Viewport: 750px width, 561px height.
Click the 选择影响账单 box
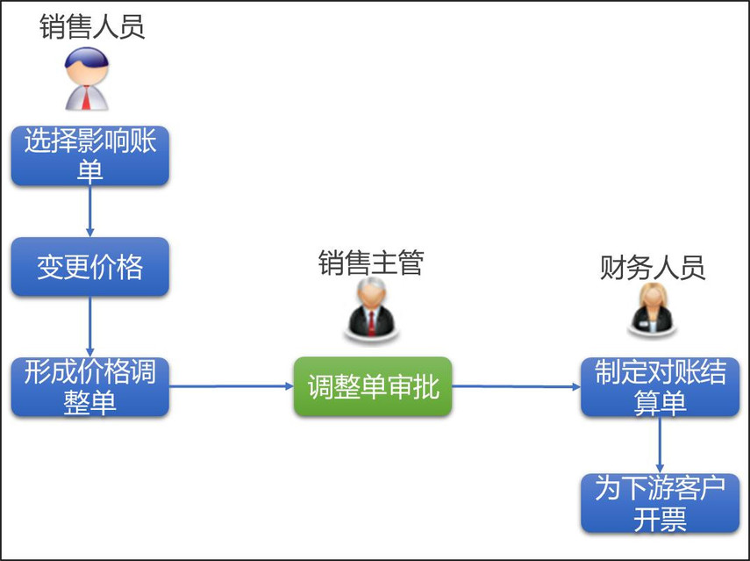tap(90, 155)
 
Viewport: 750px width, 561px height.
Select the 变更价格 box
tap(90, 267)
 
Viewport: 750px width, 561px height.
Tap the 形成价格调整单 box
tap(90, 387)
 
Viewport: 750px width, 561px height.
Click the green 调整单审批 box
tap(373, 386)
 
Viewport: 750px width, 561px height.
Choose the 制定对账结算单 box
tap(660, 387)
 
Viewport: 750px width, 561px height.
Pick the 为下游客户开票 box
tap(660, 503)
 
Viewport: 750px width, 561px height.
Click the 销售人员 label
tap(92, 26)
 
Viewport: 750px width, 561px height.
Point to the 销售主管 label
tap(371, 263)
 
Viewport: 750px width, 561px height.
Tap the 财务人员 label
tap(653, 267)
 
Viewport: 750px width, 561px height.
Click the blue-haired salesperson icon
tap(87, 79)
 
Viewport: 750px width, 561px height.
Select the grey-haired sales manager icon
tap(372, 309)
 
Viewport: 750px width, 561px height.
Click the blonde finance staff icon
tap(653, 309)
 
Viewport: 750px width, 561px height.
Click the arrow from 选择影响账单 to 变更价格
tap(90, 211)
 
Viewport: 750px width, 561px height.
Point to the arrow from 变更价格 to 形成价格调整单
tap(90, 327)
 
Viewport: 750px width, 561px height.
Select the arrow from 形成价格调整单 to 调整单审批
tap(232, 386)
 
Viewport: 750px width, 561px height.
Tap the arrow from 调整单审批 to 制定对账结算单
tap(517, 386)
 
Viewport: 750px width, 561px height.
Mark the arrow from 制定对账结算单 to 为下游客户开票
tap(660, 445)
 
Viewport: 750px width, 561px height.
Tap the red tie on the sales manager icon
tap(372, 323)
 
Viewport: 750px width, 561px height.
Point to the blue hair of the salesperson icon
tap(87, 56)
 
